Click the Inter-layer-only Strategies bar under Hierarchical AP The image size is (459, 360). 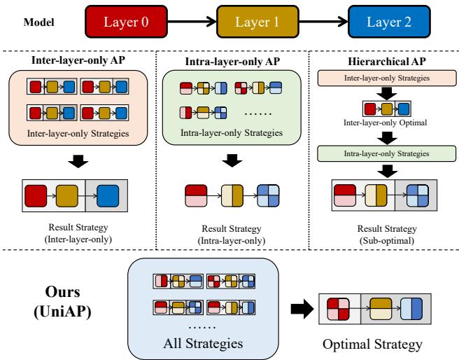pyautogui.click(x=382, y=75)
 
